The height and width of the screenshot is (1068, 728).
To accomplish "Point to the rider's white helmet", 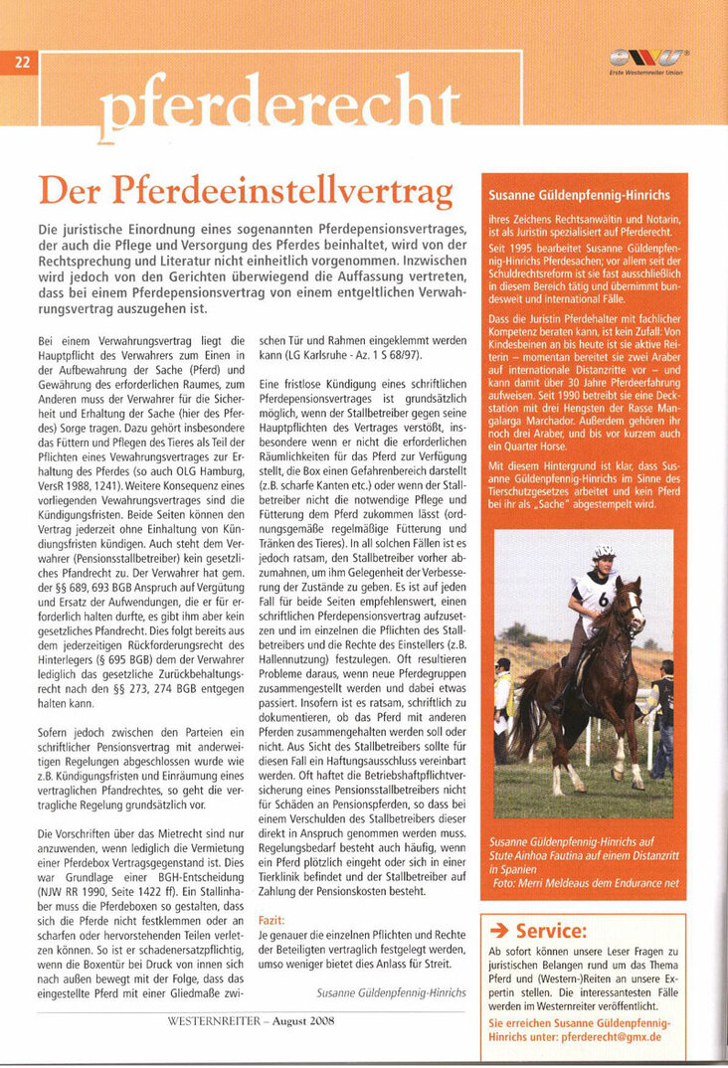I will [x=605, y=552].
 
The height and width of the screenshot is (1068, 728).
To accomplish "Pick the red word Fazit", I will [x=272, y=921].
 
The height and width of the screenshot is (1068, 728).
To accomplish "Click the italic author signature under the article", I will [x=391, y=992].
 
